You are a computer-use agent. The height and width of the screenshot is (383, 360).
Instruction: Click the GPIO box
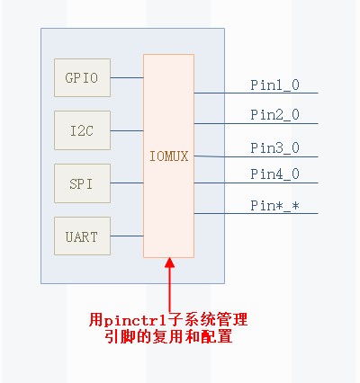pyautogui.click(x=82, y=77)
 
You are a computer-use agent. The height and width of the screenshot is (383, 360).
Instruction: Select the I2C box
pyautogui.click(x=82, y=130)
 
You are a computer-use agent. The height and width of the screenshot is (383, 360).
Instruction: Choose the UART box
pyautogui.click(x=82, y=237)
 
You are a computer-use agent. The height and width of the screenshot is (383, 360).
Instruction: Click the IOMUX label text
pyautogui.click(x=168, y=156)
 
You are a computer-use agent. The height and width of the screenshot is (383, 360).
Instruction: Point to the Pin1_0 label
pyautogui.click(x=274, y=85)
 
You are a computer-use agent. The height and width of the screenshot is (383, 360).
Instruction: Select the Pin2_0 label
pyautogui.click(x=274, y=114)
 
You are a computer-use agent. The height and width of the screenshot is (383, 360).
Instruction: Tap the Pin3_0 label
pyautogui.click(x=274, y=147)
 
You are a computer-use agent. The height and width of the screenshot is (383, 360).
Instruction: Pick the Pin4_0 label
pyautogui.click(x=274, y=174)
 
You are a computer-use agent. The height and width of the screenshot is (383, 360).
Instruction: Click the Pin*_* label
pyautogui.click(x=274, y=205)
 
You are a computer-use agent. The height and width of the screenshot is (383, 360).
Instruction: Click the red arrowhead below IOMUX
pyautogui.click(x=168, y=263)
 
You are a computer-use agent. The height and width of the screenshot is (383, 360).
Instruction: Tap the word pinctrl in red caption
pyautogui.click(x=132, y=319)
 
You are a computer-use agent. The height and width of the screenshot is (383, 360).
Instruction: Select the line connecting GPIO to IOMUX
pyautogui.click(x=127, y=77)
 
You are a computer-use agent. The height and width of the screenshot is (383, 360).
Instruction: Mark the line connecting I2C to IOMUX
pyautogui.click(x=127, y=130)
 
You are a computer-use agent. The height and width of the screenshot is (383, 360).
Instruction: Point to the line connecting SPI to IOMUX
pyautogui.click(x=127, y=183)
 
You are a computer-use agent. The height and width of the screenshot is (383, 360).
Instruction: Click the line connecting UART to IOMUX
pyautogui.click(x=127, y=236)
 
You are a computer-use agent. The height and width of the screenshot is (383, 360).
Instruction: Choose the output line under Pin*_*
pyautogui.click(x=252, y=214)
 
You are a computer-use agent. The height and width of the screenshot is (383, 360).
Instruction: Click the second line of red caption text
pyautogui.click(x=168, y=338)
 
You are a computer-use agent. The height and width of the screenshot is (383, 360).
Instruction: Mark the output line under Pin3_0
pyautogui.click(x=252, y=156)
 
